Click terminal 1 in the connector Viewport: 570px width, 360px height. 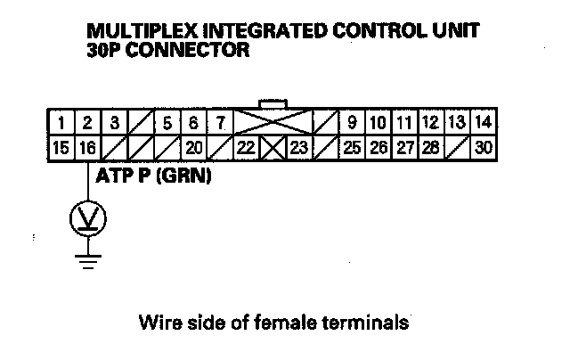(x=61, y=121)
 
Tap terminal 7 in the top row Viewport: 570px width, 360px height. (x=219, y=121)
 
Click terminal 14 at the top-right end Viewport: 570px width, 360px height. (x=484, y=121)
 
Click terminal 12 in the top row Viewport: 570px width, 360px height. (x=430, y=121)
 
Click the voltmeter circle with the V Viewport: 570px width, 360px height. (x=87, y=217)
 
